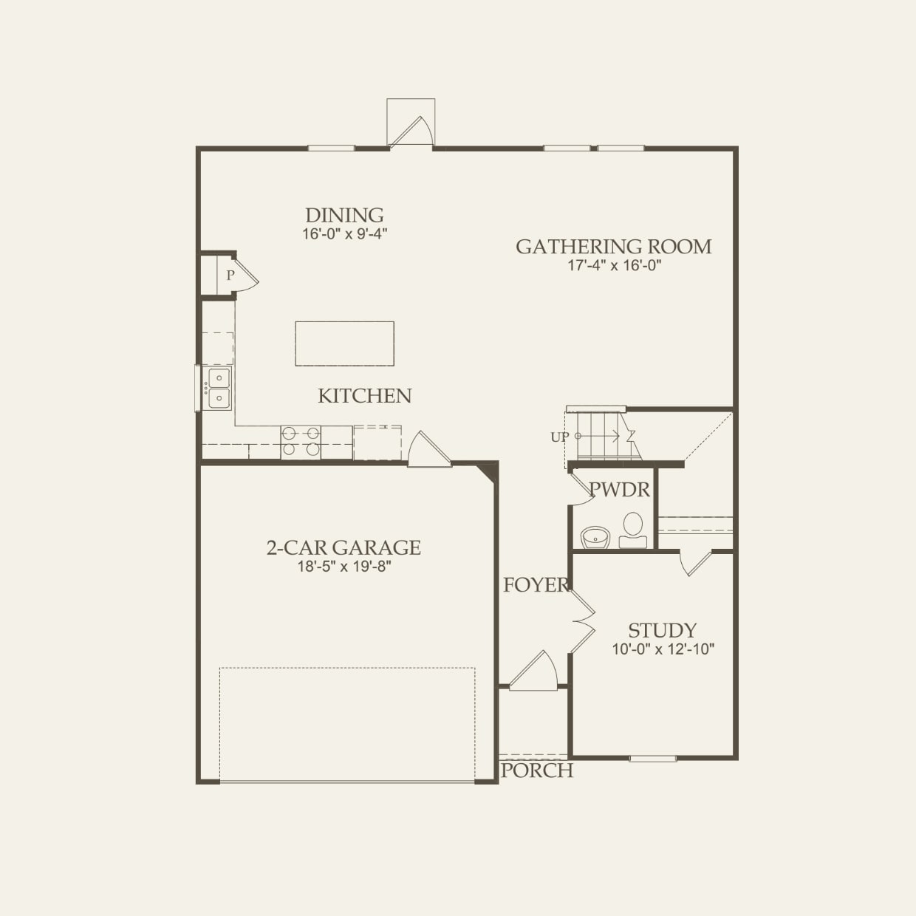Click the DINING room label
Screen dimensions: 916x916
click(344, 215)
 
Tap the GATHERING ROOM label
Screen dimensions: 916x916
click(613, 246)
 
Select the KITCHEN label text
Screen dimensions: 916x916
click(364, 396)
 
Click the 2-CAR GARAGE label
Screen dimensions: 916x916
click(343, 547)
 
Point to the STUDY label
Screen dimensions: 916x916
click(662, 630)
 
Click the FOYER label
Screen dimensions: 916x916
click(536, 585)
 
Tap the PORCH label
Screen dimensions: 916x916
click(537, 770)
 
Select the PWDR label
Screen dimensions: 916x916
click(619, 489)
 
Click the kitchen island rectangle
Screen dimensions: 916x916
click(344, 343)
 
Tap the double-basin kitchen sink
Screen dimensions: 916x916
click(219, 389)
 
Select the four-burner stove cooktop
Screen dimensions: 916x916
click(301, 441)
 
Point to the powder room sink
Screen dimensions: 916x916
click(594, 536)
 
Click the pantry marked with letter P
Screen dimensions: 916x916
click(230, 276)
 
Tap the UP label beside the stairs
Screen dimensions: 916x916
click(559, 437)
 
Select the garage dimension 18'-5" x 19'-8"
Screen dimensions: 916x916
click(343, 567)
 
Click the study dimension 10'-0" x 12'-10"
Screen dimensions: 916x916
click(663, 649)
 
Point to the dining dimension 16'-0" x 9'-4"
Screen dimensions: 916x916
click(344, 233)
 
